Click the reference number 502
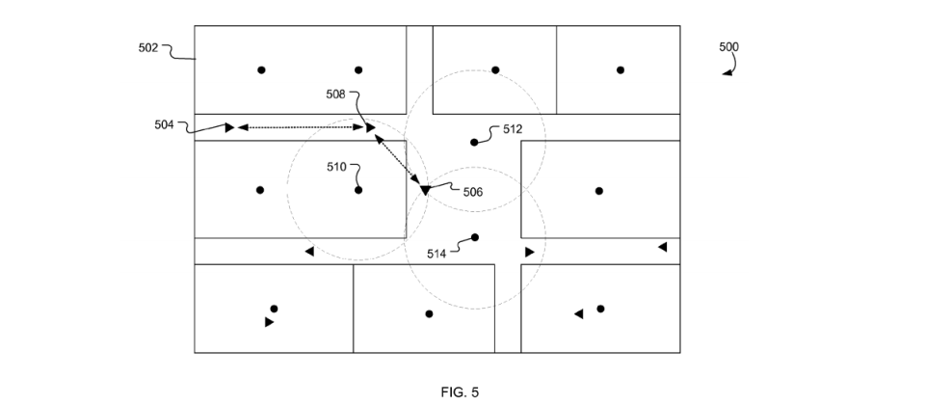click(x=148, y=48)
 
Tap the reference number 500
click(x=728, y=46)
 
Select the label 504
click(x=164, y=124)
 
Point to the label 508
click(x=335, y=94)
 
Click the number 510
click(x=337, y=167)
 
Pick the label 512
click(x=513, y=129)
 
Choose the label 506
click(x=472, y=192)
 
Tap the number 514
click(x=436, y=254)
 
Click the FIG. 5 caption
click(x=460, y=392)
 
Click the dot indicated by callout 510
click(x=358, y=190)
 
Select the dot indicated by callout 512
click(x=474, y=143)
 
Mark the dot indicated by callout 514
click(x=474, y=237)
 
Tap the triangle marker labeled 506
click(x=425, y=190)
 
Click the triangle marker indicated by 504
click(x=229, y=127)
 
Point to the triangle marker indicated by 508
click(x=370, y=127)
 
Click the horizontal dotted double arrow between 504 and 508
click(x=301, y=127)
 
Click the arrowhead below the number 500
click(x=728, y=72)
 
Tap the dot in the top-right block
click(x=620, y=69)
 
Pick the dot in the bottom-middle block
click(x=429, y=313)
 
